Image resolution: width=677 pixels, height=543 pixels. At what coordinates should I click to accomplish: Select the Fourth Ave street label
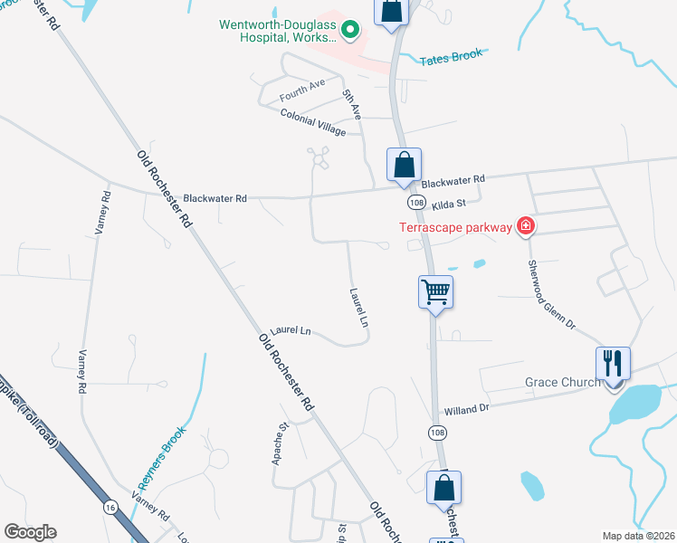301,90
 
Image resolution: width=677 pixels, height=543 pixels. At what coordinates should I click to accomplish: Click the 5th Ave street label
351,105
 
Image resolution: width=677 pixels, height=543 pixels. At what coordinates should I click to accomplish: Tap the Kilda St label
447,205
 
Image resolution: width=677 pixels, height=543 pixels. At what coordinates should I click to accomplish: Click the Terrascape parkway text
456,226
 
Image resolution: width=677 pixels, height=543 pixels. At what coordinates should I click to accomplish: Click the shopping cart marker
435,292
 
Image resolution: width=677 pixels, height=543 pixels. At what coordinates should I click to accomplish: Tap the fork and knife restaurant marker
613,364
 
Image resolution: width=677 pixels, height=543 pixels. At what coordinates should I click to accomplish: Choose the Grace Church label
563,382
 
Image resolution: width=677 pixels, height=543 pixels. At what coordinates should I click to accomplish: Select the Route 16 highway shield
110,504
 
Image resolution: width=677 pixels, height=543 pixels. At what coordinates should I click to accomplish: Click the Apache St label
280,443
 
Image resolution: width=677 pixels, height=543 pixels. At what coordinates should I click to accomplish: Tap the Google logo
31,532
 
